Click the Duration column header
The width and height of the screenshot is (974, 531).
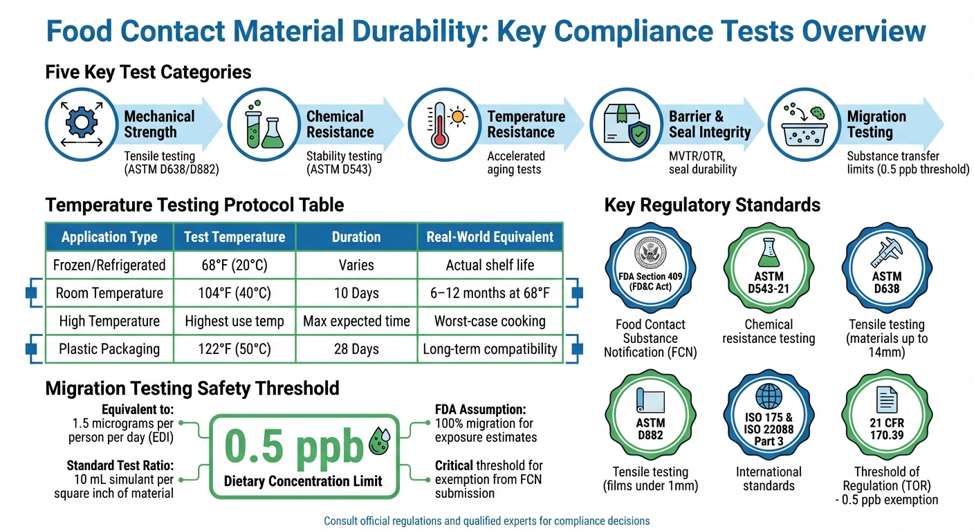(356, 237)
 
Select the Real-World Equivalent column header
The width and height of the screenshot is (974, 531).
(490, 237)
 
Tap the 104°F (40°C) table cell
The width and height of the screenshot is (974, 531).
(234, 293)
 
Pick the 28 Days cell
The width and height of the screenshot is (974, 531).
(356, 349)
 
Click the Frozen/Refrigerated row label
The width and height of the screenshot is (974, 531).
(109, 265)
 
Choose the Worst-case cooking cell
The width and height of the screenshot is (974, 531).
(490, 322)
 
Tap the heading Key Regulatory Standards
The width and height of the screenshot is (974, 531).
(712, 205)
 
